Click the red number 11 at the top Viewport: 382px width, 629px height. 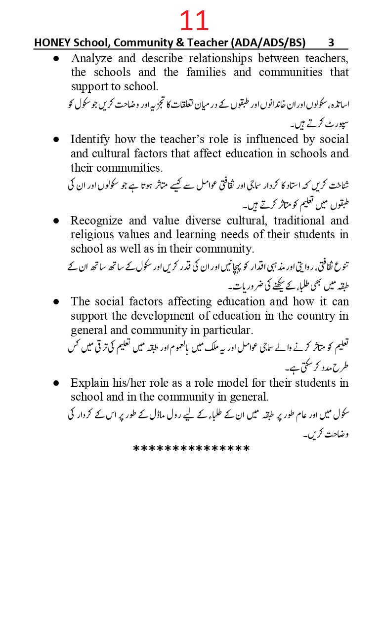(x=194, y=21)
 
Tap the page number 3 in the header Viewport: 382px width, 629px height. (x=331, y=42)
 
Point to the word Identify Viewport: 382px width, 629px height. (x=90, y=139)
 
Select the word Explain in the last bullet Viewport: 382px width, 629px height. (x=88, y=382)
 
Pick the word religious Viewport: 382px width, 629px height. (x=91, y=234)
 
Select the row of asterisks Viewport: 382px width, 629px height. (x=192, y=449)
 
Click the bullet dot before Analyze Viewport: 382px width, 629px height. (x=56, y=58)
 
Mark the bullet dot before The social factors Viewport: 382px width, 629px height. (x=56, y=301)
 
